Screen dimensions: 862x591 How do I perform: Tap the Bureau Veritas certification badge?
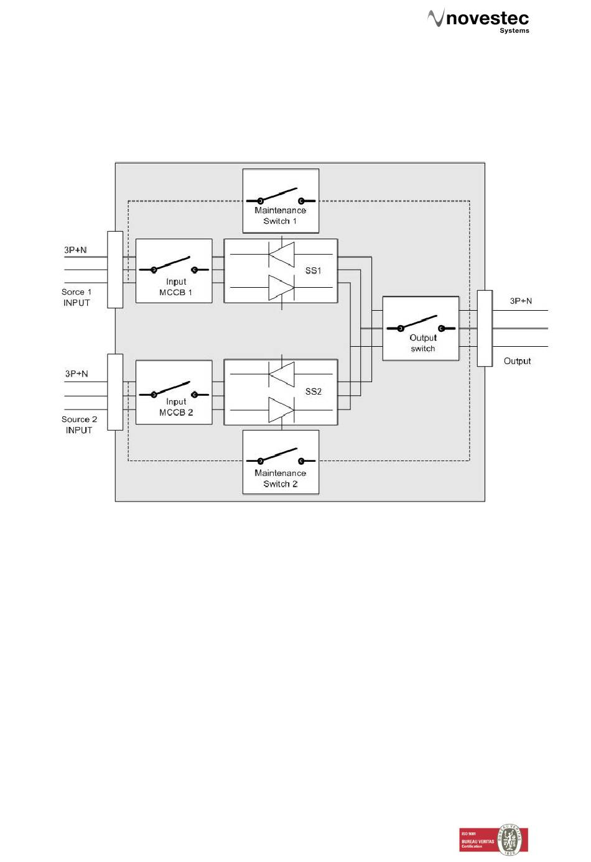pyautogui.click(x=494, y=840)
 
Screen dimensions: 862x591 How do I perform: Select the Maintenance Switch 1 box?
pyautogui.click(x=281, y=201)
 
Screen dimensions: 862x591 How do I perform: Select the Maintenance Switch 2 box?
pyautogui.click(x=281, y=462)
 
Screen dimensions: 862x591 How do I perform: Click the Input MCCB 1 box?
pyautogui.click(x=174, y=271)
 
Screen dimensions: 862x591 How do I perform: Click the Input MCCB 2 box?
pyautogui.click(x=174, y=392)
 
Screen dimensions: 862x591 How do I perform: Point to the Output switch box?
pyautogui.click(x=421, y=329)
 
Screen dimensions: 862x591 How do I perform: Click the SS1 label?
pyautogui.click(x=313, y=271)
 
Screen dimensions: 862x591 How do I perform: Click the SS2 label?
pyautogui.click(x=314, y=392)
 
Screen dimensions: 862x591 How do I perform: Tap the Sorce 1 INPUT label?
pyautogui.click(x=77, y=297)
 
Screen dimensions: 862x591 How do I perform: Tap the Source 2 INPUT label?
pyautogui.click(x=79, y=424)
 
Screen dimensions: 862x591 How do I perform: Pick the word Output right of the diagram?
pyautogui.click(x=517, y=361)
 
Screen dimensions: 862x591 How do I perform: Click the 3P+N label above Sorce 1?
pyautogui.click(x=75, y=250)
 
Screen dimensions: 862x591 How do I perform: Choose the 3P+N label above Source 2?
pyautogui.click(x=77, y=374)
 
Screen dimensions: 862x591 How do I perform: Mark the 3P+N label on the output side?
pyautogui.click(x=521, y=301)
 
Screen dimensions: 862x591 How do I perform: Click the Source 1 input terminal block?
pyautogui.click(x=115, y=270)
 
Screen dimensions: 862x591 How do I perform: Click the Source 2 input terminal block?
pyautogui.click(x=115, y=392)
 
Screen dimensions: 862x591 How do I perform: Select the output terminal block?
pyautogui.click(x=485, y=328)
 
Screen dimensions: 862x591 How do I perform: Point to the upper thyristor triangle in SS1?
pyautogui.click(x=281, y=254)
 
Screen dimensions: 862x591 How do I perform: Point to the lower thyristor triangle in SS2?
pyautogui.click(x=281, y=410)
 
